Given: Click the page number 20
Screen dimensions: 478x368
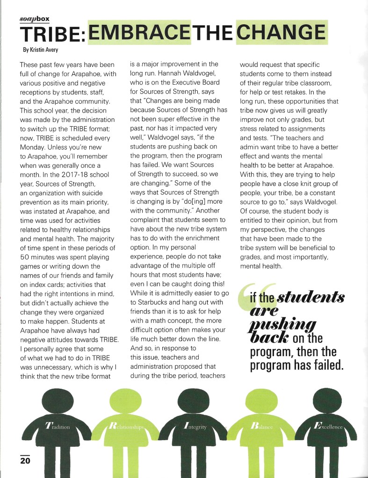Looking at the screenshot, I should point(25,460).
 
